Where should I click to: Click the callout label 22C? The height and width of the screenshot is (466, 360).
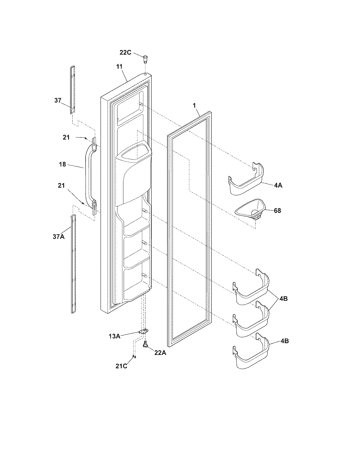click(x=125, y=53)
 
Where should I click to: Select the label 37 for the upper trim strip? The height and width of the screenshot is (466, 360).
click(x=58, y=100)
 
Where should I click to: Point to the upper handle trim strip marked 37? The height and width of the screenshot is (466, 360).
click(x=73, y=90)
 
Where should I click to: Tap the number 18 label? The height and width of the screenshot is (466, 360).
click(x=62, y=164)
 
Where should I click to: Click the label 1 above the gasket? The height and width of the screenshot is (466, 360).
click(x=194, y=105)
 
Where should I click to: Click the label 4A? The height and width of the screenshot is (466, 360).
click(x=278, y=185)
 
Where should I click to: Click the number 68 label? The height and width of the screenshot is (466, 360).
click(x=278, y=210)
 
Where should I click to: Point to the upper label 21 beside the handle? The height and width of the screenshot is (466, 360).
click(x=66, y=137)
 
